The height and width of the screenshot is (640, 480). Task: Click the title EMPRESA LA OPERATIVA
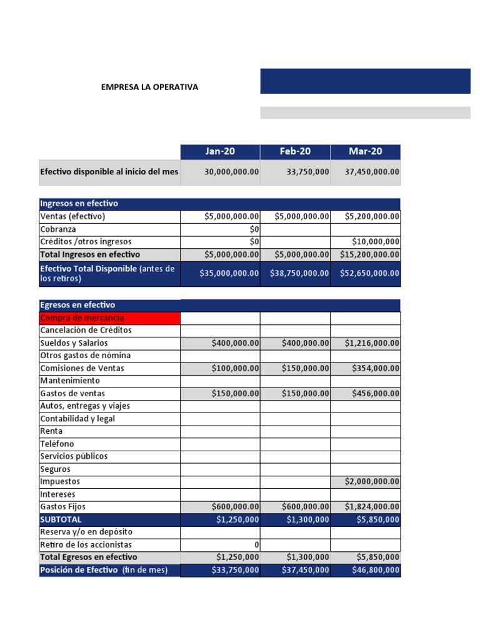pos(149,87)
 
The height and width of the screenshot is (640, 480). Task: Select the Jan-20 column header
pos(220,151)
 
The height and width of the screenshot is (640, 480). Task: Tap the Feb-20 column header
pos(295,151)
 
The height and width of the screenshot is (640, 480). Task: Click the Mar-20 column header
pos(366,151)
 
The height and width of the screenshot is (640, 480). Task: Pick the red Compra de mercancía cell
pos(109,318)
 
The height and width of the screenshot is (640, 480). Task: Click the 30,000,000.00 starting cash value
pos(231,172)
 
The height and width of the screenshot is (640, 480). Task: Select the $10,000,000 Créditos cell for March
pos(376,242)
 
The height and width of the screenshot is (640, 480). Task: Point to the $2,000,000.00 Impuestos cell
pos(372,482)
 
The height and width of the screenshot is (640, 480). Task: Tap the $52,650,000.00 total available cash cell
pos(369,273)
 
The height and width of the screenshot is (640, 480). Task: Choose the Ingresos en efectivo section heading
pos(79,204)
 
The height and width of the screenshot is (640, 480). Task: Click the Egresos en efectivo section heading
pos(77,305)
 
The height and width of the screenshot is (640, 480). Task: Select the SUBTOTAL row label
pos(61,519)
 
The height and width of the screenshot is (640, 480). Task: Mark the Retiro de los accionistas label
pos(86,544)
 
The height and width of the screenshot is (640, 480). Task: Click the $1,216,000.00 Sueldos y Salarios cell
pos(372,343)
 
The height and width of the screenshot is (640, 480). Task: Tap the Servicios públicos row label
pos(74,456)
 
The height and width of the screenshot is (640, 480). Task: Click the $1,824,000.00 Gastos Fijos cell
pos(372,507)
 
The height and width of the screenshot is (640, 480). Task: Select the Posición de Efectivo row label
pos(104,570)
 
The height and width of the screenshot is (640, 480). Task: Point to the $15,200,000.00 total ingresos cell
pos(369,254)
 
